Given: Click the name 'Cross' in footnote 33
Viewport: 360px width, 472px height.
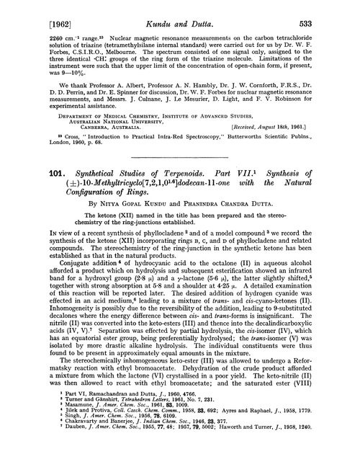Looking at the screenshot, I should (x=51, y=153).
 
